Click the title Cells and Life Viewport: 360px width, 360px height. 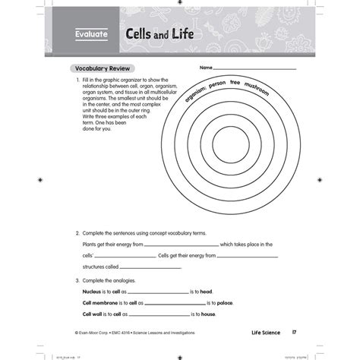coord(152,34)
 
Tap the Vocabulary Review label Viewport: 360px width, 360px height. coord(100,67)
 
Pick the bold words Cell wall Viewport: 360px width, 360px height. coord(94,314)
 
